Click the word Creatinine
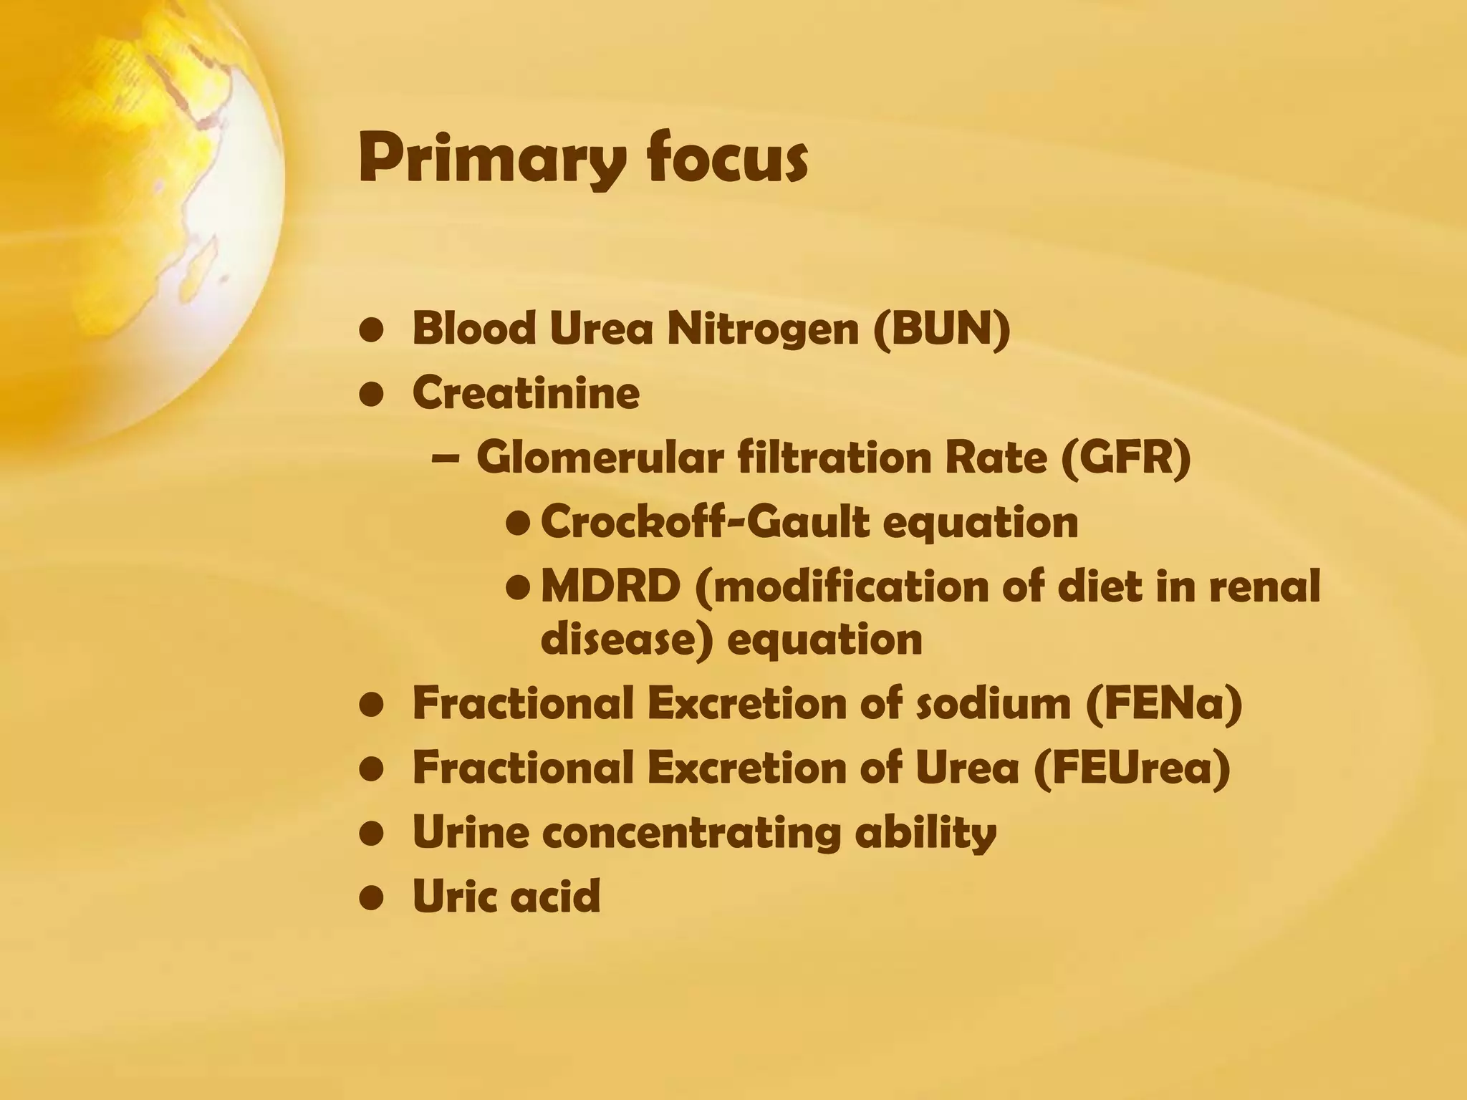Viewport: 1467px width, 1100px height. pos(526,393)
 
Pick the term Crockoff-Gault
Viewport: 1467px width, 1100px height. pos(705,522)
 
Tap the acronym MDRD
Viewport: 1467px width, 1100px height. pos(610,587)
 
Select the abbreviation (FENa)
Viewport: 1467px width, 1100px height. pos(1163,703)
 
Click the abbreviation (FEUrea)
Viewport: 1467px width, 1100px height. pos(1132,768)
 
